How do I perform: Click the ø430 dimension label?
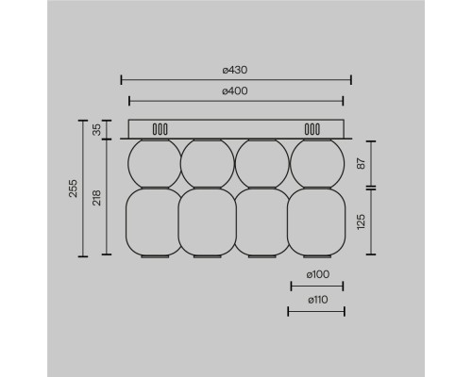click(x=235, y=70)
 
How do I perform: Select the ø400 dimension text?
click(x=235, y=91)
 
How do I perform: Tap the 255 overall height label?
click(x=73, y=188)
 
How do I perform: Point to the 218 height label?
click(x=97, y=198)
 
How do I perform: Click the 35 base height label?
click(x=97, y=129)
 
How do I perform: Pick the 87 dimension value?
click(x=362, y=163)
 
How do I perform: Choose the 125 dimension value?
click(x=362, y=221)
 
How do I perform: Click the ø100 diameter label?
click(x=318, y=274)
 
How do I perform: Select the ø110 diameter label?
click(x=318, y=300)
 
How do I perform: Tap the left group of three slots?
click(x=160, y=129)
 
